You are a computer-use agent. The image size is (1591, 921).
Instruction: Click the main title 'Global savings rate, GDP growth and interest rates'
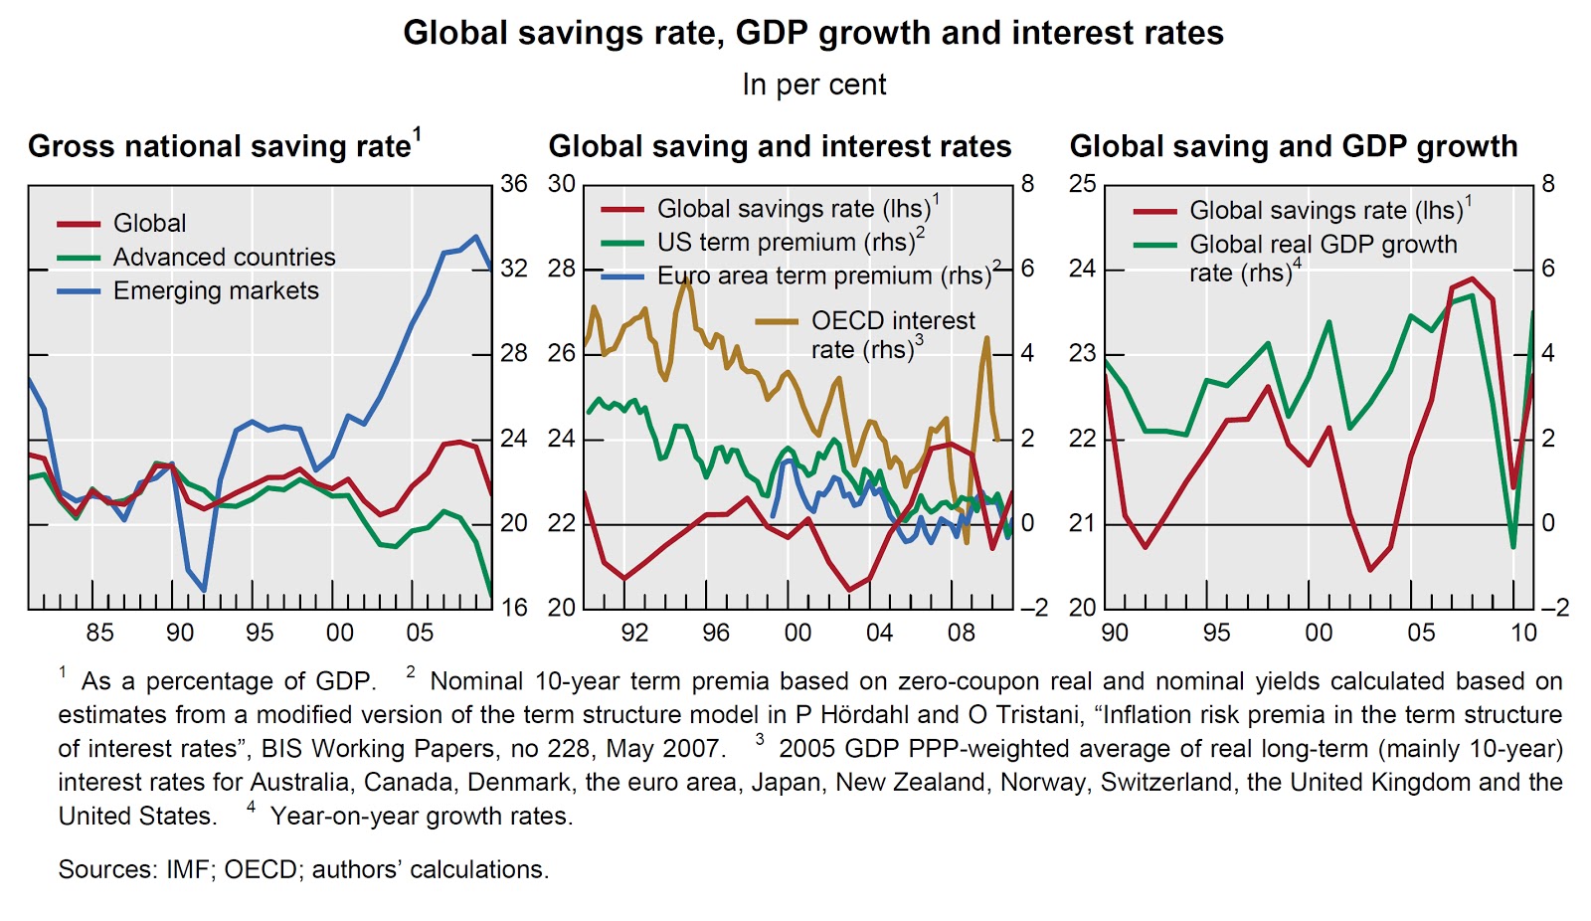click(x=812, y=33)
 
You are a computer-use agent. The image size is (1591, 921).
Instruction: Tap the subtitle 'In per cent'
click(x=813, y=85)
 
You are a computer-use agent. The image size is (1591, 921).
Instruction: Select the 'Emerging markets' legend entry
click(x=216, y=290)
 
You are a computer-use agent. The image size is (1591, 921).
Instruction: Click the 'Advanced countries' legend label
click(x=224, y=257)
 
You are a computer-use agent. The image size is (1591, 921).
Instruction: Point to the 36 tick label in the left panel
click(x=513, y=184)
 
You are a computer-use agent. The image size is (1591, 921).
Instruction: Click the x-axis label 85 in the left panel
click(x=99, y=633)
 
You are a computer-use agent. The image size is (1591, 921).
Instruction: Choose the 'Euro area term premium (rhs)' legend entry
click(x=824, y=276)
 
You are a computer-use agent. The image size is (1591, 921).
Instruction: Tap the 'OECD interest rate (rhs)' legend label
click(x=892, y=334)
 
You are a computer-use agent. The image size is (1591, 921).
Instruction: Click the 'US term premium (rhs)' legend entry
click(x=786, y=242)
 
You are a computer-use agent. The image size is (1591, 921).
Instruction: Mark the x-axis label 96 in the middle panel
click(x=715, y=633)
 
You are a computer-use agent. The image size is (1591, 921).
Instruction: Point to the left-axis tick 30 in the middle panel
click(x=562, y=184)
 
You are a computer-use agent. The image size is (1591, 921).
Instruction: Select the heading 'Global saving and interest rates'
click(x=780, y=146)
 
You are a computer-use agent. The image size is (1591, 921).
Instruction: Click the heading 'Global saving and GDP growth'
click(x=1293, y=146)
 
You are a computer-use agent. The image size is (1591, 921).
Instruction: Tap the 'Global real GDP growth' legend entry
click(x=1323, y=245)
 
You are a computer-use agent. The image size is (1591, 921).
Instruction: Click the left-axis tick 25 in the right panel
click(x=1083, y=184)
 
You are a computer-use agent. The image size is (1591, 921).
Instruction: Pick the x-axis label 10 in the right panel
click(x=1523, y=633)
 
